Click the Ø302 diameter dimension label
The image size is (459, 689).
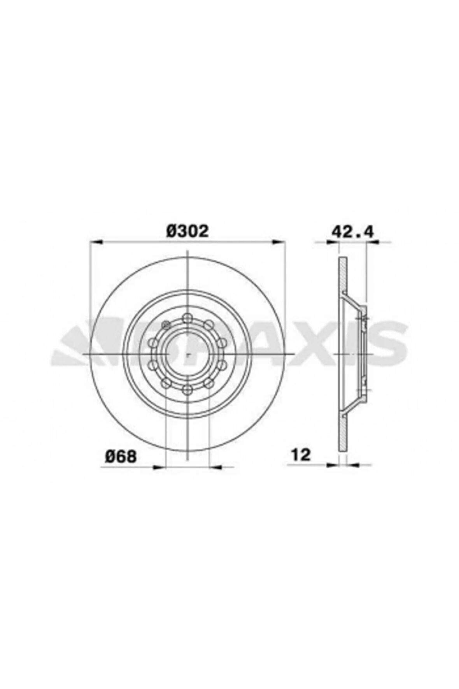[x=187, y=231]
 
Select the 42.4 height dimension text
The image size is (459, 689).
[x=352, y=232]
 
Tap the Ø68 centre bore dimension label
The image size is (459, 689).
[x=121, y=456]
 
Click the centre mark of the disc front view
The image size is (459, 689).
[x=187, y=354]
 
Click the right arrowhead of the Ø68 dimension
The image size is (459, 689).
[x=215, y=466]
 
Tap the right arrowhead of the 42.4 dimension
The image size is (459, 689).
[x=373, y=242]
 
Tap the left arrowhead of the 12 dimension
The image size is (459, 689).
[x=333, y=464]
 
